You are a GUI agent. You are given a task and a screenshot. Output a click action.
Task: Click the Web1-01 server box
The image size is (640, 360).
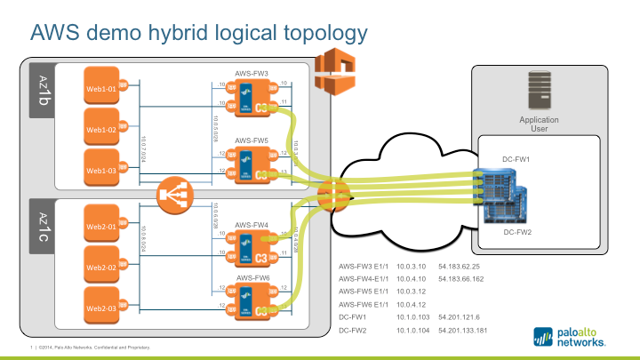[101, 88]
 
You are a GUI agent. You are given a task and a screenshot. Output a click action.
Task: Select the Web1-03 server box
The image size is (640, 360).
[101, 169]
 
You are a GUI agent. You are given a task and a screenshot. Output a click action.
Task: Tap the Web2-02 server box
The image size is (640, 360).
[101, 267]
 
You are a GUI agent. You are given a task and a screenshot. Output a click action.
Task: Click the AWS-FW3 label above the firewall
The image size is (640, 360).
[252, 71]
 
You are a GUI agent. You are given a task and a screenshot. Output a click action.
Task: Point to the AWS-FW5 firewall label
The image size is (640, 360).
[252, 140]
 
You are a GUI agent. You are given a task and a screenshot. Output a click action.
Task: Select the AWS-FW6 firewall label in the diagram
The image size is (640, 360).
[252, 277]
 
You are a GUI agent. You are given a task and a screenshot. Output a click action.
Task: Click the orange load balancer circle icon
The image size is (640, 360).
[172, 196]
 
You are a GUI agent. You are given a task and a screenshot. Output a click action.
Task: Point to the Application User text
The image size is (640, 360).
[540, 123]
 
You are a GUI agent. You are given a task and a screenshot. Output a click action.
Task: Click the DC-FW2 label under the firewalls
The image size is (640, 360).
[518, 232]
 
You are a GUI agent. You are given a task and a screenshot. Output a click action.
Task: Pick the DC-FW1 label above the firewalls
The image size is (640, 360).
[516, 157]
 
